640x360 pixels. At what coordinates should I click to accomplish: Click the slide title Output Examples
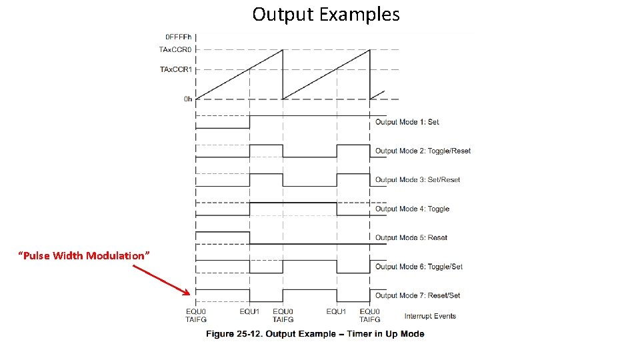(326, 14)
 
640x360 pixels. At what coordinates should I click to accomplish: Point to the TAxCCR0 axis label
(175, 49)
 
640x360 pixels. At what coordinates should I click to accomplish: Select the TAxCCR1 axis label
(175, 69)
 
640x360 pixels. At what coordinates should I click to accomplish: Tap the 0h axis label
(188, 99)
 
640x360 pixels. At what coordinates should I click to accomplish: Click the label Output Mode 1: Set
(407, 122)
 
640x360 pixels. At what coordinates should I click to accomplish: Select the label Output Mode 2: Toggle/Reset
(423, 151)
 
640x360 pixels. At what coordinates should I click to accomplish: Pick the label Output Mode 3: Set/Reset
(417, 179)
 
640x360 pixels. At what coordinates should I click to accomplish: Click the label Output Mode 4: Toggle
(412, 209)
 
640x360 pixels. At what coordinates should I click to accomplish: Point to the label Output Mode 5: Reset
(411, 237)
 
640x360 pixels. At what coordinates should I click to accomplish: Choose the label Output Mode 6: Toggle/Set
(419, 267)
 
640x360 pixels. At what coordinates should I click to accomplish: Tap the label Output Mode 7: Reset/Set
(417, 295)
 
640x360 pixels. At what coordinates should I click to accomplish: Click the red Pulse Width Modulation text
(84, 256)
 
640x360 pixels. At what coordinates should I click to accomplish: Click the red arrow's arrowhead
(187, 293)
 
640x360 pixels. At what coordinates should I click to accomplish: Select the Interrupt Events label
(430, 315)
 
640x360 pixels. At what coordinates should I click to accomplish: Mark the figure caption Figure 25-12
(315, 333)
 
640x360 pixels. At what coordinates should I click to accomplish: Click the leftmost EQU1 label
(250, 311)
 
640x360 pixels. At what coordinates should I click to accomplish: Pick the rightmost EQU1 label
(336, 311)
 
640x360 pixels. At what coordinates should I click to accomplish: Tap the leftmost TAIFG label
(196, 319)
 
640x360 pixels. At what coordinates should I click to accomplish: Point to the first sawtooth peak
(282, 50)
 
